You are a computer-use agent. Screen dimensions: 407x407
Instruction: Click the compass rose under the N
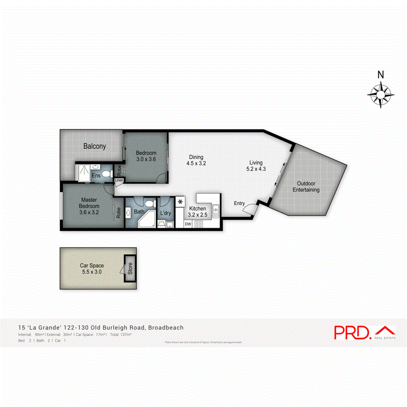click(x=380, y=95)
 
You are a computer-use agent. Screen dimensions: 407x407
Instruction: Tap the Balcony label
click(x=95, y=146)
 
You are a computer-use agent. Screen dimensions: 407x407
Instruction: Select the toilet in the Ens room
click(x=107, y=173)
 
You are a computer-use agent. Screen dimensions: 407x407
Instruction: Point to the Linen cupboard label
click(x=119, y=180)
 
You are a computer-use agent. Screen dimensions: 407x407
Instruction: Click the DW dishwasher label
click(x=188, y=224)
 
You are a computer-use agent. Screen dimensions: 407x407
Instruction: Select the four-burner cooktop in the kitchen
click(x=199, y=223)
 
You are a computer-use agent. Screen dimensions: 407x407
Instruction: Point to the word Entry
click(x=239, y=203)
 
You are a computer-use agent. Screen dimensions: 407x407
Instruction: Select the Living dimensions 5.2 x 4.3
click(x=256, y=169)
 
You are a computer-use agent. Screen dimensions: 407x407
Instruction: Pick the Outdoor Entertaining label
click(x=306, y=187)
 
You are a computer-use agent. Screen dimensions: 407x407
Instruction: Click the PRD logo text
click(x=352, y=332)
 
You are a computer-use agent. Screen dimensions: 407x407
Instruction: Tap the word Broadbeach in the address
click(x=165, y=327)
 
